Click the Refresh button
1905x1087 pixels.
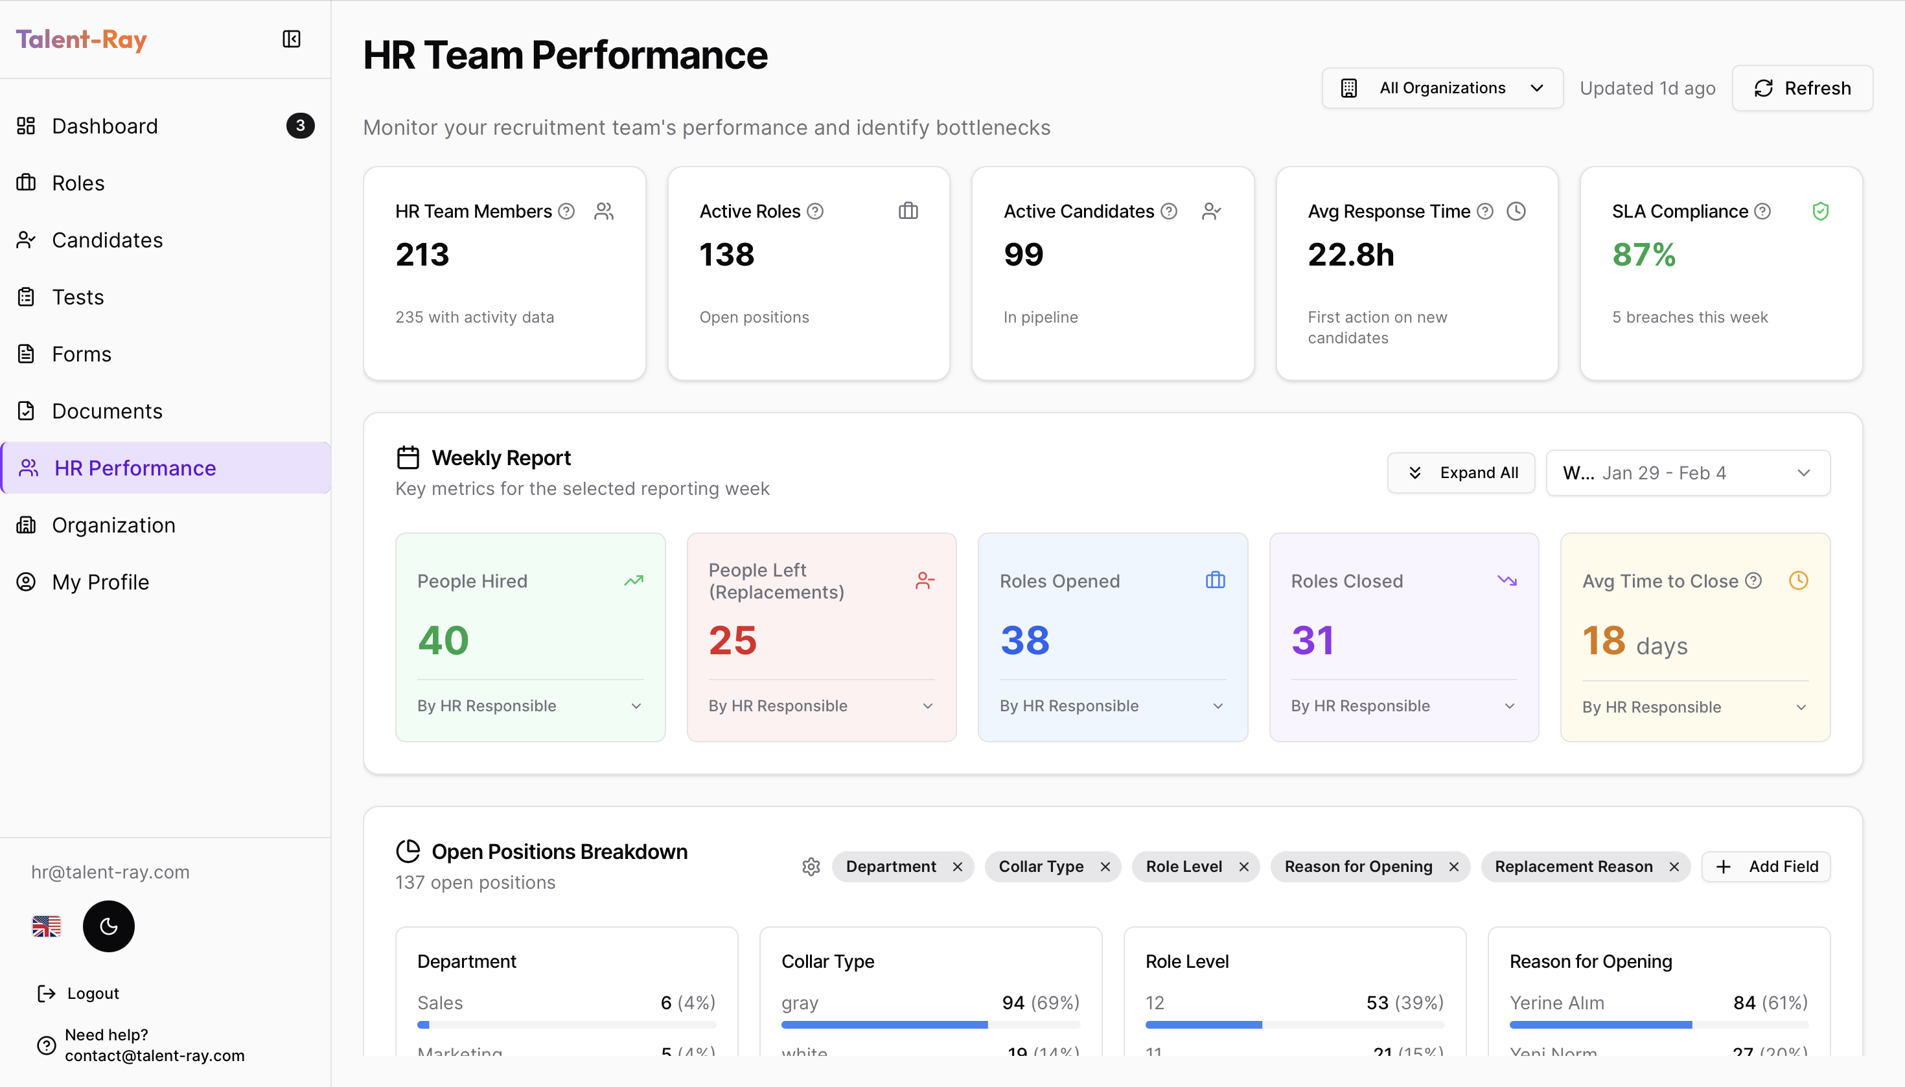pos(1801,88)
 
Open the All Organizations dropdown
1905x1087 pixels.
pos(1441,88)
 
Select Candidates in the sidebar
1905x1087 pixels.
pos(107,240)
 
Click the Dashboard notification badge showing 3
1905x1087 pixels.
pos(300,126)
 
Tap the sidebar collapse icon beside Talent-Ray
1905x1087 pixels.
pos(291,39)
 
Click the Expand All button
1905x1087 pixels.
pos(1460,473)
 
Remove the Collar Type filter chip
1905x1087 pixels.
pos(1105,867)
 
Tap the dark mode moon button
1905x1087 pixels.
pos(108,926)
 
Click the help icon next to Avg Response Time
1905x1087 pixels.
pos(1484,211)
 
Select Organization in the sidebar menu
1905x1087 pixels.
pos(113,525)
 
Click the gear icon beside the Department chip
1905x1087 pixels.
pos(811,867)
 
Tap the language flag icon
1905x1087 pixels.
pos(46,926)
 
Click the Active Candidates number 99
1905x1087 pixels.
pos(1023,255)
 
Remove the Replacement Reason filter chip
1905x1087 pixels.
pos(1674,867)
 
